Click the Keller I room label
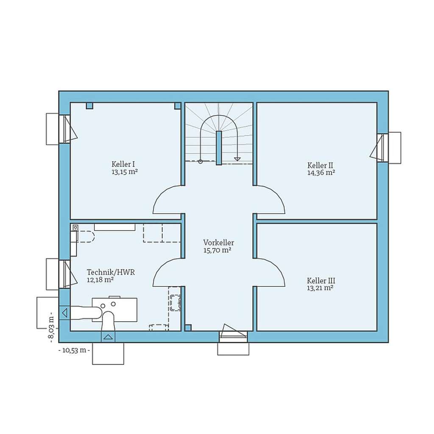(x=123, y=164)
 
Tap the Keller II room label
(x=320, y=165)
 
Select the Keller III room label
(x=321, y=281)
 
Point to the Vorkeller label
(x=218, y=243)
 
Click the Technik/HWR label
(x=111, y=273)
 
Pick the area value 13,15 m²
(x=124, y=172)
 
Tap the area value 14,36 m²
(x=321, y=172)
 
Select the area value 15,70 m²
(x=217, y=250)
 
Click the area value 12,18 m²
(x=100, y=280)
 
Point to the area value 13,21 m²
(x=320, y=288)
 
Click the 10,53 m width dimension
(x=74, y=350)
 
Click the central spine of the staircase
(x=219, y=147)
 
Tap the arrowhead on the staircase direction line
(x=237, y=159)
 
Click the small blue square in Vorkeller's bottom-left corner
(x=188, y=328)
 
